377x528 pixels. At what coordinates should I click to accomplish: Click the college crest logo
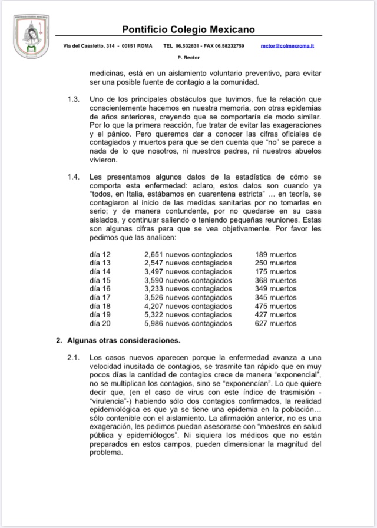coord(31,36)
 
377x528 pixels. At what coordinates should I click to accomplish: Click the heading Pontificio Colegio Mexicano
coord(188,29)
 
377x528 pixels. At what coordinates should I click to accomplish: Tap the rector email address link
coord(287,45)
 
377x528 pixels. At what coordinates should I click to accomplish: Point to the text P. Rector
coord(188,58)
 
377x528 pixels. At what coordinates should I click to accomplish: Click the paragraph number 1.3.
coord(73,97)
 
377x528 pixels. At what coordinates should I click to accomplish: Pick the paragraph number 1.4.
coord(73,177)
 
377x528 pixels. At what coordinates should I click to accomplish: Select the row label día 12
coord(100,254)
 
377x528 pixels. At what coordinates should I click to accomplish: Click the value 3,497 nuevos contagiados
coord(188,271)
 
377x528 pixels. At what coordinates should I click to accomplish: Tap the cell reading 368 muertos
coord(276,280)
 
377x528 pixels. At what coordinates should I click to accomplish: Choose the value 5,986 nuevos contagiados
coord(188,323)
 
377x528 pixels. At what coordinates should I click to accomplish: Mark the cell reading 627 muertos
coord(276,323)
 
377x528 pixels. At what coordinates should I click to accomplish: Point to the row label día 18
coord(100,306)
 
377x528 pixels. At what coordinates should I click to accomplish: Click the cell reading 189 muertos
coord(276,254)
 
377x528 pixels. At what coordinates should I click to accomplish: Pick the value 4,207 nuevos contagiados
coord(188,306)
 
